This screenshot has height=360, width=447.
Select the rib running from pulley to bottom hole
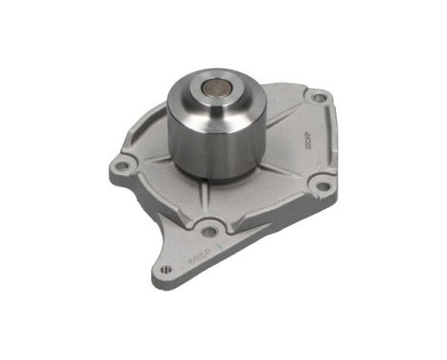pos(204,201)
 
